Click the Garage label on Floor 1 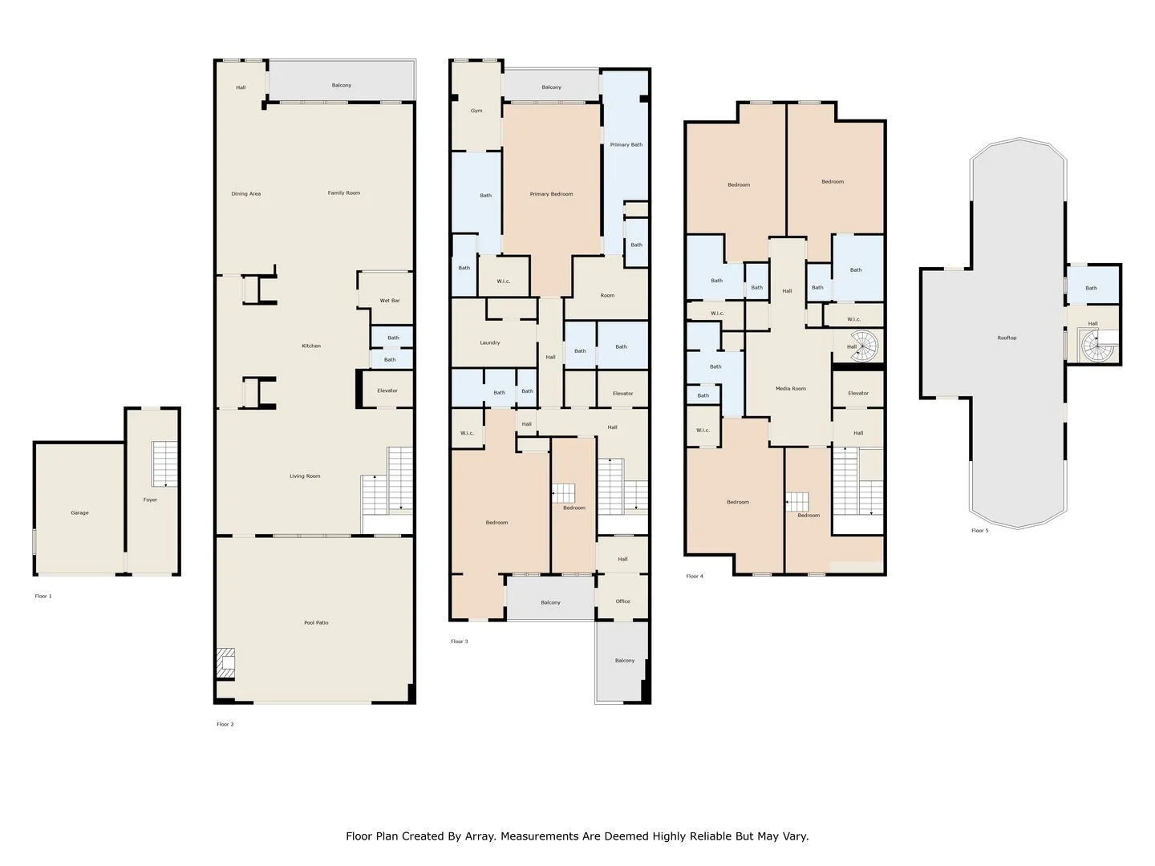pos(80,512)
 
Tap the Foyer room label pos(150,500)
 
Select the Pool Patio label pos(316,622)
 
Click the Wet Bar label pos(390,301)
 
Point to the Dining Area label pos(245,193)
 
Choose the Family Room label pos(344,193)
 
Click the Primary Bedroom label pos(552,194)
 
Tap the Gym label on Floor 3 pos(476,111)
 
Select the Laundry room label pos(490,343)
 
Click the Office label pos(622,601)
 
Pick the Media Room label pos(791,389)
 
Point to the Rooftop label pos(1007,338)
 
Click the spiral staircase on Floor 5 pos(1097,346)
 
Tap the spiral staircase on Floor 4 pos(863,346)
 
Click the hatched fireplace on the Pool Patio pos(226,666)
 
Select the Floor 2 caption pos(225,724)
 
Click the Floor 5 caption pos(980,531)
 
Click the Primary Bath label pos(626,144)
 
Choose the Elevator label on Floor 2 pos(387,391)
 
